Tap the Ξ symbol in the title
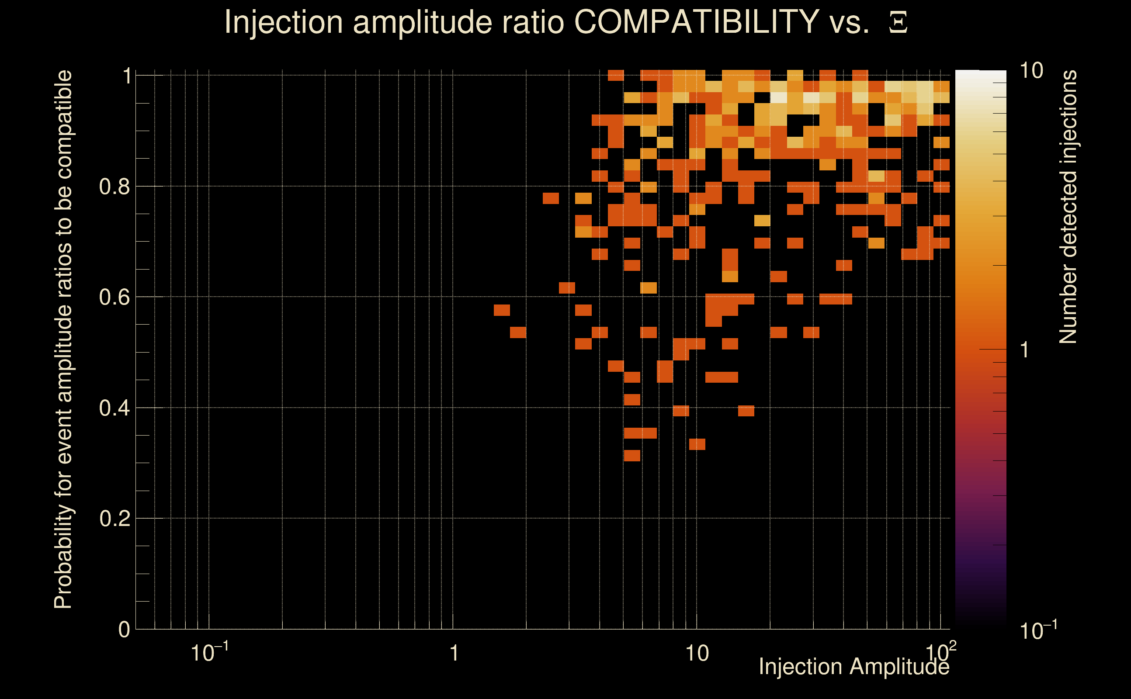pos(898,22)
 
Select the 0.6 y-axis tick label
pos(114,297)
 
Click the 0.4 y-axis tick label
pos(114,408)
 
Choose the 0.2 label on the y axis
pos(114,518)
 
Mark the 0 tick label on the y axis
pos(124,630)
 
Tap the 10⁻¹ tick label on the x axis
pos(209,653)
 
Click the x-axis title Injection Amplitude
pos(853,667)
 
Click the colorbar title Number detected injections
pos(1068,207)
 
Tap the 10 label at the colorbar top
pos(1031,71)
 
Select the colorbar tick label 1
pos(1025,350)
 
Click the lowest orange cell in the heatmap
pos(631,455)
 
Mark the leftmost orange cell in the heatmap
pos(502,310)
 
